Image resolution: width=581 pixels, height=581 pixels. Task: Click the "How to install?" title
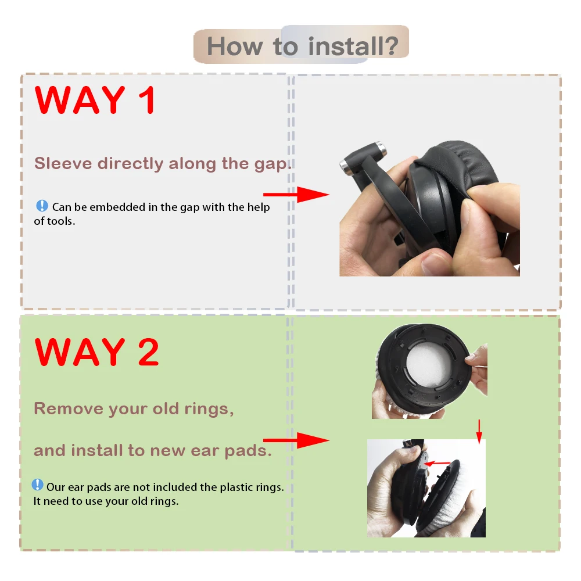pos(302,46)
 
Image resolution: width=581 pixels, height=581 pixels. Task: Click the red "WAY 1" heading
pos(96,100)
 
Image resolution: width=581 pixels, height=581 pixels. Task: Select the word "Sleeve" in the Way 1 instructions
pos(63,163)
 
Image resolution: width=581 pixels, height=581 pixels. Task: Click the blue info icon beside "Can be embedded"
pos(42,206)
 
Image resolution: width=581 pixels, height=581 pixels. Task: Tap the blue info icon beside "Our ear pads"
pos(38,485)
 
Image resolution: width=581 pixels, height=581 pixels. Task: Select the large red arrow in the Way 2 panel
pos(296,440)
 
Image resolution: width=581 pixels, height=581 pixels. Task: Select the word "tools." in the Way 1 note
pos(62,221)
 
